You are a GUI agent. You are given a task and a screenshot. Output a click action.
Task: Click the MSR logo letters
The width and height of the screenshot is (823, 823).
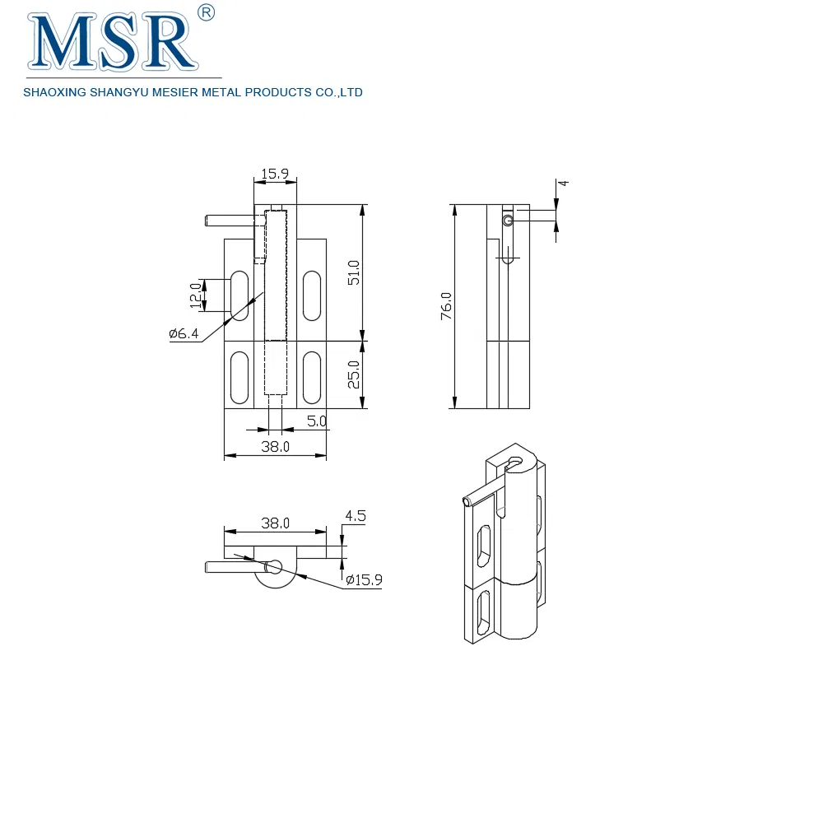(x=111, y=43)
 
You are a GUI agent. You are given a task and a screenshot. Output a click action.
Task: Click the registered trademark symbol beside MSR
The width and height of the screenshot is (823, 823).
(x=207, y=12)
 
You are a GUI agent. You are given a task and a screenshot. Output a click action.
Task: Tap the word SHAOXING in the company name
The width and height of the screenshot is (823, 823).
(x=53, y=93)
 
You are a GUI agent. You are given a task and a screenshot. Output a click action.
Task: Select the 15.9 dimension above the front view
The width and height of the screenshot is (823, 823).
(x=274, y=174)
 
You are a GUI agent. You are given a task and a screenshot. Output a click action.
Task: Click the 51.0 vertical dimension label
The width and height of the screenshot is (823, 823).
(x=354, y=272)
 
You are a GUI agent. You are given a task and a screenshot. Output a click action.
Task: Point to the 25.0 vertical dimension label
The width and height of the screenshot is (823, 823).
(x=354, y=374)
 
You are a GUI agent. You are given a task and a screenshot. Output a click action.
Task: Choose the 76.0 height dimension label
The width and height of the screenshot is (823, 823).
(x=446, y=305)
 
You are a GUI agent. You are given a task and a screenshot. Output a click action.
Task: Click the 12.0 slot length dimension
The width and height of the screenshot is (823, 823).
(x=195, y=295)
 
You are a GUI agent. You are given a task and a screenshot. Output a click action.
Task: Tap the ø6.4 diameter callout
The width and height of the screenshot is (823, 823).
(x=184, y=333)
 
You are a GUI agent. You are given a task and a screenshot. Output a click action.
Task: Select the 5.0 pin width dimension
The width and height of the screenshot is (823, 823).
(x=317, y=421)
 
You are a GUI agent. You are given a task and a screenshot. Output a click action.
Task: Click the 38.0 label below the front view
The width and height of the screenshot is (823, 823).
(x=275, y=447)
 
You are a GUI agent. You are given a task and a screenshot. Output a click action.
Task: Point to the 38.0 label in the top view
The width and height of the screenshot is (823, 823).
(x=275, y=523)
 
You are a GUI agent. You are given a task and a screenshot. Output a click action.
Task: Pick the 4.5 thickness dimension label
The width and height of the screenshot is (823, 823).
(x=355, y=516)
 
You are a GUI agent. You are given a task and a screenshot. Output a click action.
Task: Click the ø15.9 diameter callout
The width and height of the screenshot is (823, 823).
(x=363, y=580)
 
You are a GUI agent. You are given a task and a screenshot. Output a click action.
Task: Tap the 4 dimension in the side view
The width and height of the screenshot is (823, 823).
(x=565, y=184)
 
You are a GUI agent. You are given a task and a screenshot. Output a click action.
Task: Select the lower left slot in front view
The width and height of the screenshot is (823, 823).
(x=239, y=377)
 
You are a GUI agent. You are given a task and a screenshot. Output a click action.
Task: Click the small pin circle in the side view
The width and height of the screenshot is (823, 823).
(x=509, y=221)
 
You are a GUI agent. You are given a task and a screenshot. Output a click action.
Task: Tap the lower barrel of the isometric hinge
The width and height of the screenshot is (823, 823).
(x=518, y=609)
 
